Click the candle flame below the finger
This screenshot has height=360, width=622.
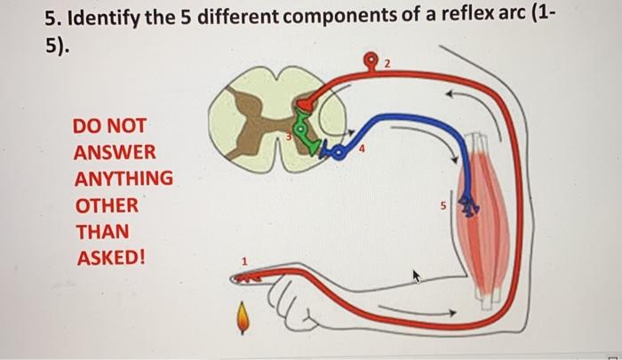coord(243,318)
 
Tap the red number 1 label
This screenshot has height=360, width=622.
coord(244,261)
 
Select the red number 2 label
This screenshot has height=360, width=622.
coord(387,63)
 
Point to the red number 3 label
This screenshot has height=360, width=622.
coord(289,137)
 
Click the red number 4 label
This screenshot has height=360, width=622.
coord(362,149)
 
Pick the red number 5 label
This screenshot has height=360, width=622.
coord(443,205)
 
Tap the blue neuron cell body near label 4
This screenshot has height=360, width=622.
coord(339,152)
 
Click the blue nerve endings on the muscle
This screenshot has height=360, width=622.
coord(469,205)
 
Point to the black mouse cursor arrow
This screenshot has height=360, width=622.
coord(416,276)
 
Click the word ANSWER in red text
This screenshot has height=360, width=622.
coord(115,152)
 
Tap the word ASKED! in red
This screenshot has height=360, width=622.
coord(111,258)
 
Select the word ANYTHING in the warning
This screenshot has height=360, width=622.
coord(124,179)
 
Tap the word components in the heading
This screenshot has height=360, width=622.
coord(340,18)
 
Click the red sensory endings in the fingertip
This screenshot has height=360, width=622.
coord(247,278)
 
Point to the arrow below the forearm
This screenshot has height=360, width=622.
coord(417,310)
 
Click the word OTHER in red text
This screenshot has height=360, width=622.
coord(108,205)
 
